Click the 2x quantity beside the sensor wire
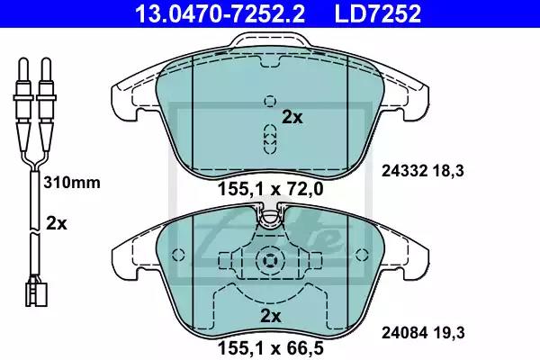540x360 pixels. coord(56,222)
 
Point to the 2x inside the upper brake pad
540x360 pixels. coord(292,116)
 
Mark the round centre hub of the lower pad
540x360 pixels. coord(269,261)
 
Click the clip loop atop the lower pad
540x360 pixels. coord(269,214)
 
